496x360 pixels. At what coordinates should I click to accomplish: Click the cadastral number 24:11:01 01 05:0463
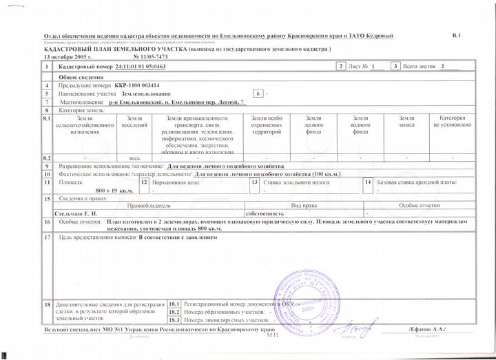pos(140,67)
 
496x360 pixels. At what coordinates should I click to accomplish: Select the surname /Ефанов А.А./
pos(427,330)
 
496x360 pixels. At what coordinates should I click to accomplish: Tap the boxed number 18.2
pos(174,312)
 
